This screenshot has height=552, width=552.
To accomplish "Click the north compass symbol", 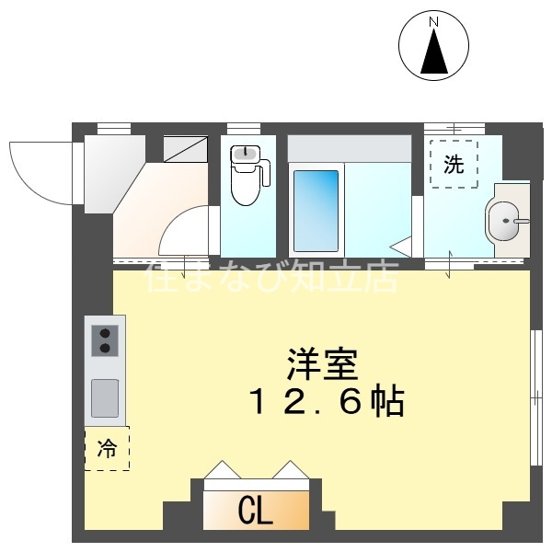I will (x=434, y=45).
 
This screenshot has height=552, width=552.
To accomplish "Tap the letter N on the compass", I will (x=434, y=20).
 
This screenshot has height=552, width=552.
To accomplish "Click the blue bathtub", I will (x=316, y=211).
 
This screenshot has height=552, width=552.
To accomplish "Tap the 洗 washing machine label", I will (x=454, y=165).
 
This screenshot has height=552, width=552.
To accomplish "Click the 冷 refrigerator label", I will (x=107, y=449).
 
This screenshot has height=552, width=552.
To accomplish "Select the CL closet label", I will (x=255, y=511).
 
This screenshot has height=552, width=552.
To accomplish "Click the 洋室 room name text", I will (x=321, y=363).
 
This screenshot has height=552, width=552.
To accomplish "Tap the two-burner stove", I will (x=104, y=339).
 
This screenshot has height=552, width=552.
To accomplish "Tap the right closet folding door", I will (x=289, y=470).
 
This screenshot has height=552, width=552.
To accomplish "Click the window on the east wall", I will (x=536, y=397).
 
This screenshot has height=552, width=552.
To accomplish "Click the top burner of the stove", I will (x=104, y=332).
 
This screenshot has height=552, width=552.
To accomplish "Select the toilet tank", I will (x=246, y=155).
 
